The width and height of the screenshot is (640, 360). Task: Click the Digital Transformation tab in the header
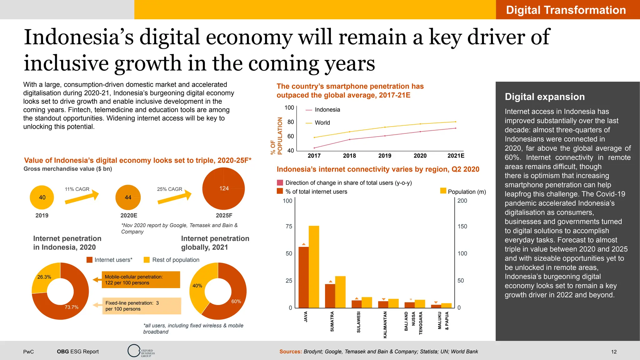[x=566, y=10]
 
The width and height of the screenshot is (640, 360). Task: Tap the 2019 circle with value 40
[x=42, y=197]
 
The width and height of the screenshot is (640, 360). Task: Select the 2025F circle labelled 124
[x=223, y=189]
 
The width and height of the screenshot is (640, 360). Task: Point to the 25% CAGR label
[x=169, y=189]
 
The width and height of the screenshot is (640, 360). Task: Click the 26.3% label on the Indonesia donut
[x=44, y=277]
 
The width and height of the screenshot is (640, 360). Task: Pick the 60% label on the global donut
[x=236, y=302]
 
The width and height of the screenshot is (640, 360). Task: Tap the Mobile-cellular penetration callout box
[x=141, y=280]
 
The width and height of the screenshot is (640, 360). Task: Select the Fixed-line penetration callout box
[x=141, y=306]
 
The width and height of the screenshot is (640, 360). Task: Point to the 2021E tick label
[x=456, y=156]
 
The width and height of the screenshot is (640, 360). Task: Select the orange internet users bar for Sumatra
[x=330, y=296]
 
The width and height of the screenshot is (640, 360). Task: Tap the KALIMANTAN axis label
[x=385, y=324]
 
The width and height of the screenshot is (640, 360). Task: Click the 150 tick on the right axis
[x=462, y=227]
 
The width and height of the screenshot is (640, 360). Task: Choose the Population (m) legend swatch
[x=443, y=191]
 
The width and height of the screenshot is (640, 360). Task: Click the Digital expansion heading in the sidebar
[x=545, y=97]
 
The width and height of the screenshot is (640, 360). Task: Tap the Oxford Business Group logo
[x=141, y=351]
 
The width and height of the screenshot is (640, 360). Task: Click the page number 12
[x=614, y=352]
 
